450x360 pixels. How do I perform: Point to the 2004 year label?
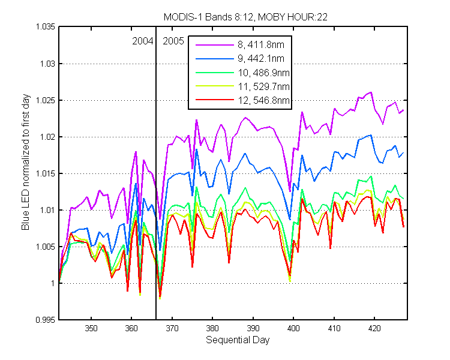tap(143, 41)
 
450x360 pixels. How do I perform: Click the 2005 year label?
tap(173, 41)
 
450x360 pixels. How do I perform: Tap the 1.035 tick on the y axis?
tap(46, 26)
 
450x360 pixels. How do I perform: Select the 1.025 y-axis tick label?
tap(46, 100)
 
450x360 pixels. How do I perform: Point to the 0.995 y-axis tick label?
tap(46, 320)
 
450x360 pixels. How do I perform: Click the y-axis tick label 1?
tap(53, 283)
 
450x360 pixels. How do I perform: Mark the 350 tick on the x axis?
tap(91, 328)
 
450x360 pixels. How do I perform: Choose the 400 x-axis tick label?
tap(293, 328)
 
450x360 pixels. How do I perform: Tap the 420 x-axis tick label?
tap(374, 328)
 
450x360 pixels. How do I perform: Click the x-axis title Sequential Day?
tap(238, 340)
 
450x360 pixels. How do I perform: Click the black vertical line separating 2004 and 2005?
tap(156, 173)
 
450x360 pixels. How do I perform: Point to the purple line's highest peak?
tap(371, 92)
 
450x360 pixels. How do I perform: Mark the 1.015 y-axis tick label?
tap(46, 173)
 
